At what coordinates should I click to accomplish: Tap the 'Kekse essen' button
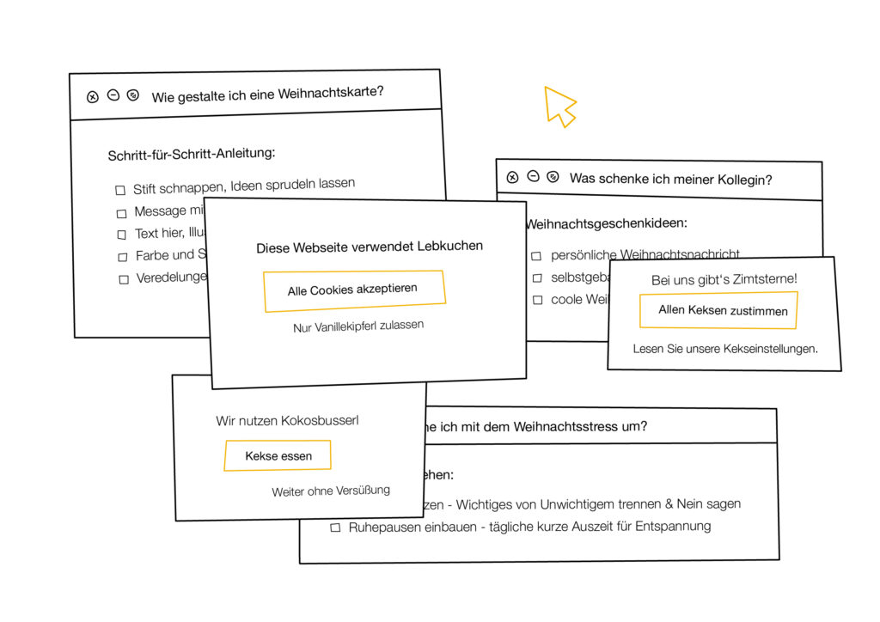(278, 455)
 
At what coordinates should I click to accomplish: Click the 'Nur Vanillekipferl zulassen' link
(358, 326)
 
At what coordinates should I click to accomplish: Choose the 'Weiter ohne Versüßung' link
(331, 491)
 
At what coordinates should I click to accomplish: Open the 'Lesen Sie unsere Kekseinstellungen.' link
(725, 349)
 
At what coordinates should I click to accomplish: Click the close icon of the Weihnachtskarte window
(93, 96)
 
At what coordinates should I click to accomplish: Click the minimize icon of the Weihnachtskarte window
(113, 95)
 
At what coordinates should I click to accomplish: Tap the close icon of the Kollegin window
(512, 178)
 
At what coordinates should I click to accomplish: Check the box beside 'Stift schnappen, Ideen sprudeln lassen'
(120, 190)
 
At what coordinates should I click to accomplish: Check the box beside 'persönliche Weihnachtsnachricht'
(536, 256)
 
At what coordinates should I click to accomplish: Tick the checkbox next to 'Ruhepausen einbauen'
(336, 527)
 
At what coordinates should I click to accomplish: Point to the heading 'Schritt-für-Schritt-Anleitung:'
(191, 155)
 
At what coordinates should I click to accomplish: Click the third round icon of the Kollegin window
(553, 177)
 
